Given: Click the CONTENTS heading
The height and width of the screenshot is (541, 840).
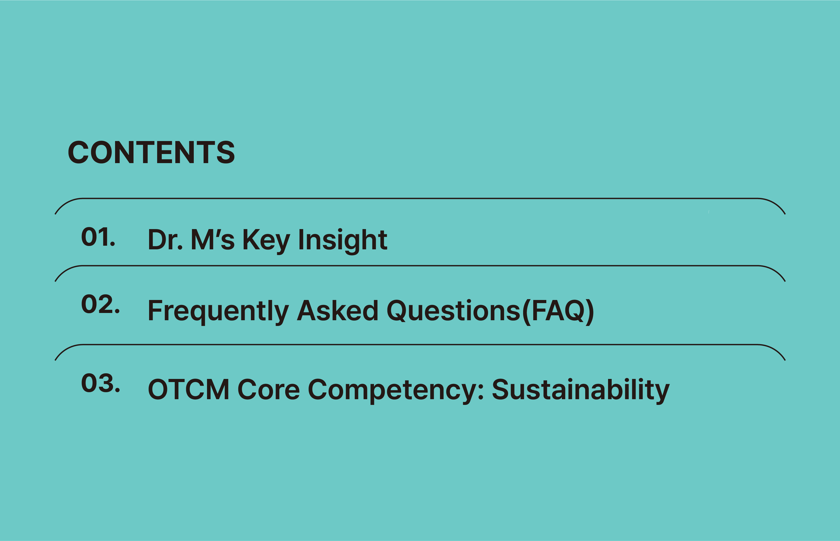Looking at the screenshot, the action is [x=151, y=152].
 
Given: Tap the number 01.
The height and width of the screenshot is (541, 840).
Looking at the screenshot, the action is [x=98, y=237].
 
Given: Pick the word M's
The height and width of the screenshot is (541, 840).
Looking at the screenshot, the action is [x=212, y=239].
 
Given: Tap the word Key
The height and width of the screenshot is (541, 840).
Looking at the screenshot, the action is [x=266, y=241].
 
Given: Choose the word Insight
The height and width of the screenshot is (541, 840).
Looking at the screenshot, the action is [x=343, y=241].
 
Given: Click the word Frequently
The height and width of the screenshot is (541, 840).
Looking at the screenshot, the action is [x=218, y=312].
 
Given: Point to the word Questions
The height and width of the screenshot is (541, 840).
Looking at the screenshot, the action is [x=453, y=311].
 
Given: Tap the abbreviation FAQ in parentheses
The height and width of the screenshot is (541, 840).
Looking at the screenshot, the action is [x=558, y=311].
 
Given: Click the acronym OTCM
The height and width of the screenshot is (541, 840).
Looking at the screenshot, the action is [x=189, y=389].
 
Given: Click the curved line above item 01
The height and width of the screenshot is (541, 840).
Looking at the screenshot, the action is [x=420, y=198].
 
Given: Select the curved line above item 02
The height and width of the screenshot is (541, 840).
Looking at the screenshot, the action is [x=420, y=266].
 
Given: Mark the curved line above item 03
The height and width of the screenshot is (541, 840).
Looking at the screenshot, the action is [x=420, y=345].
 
